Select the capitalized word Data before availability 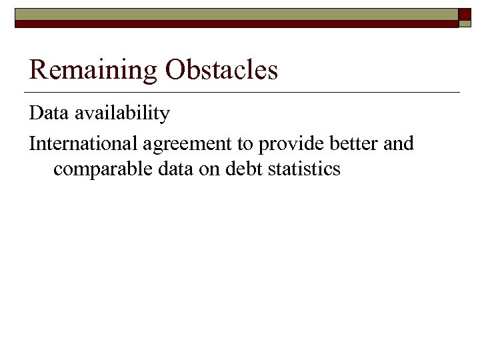pyautogui.click(x=49, y=114)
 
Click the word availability pyautogui.click(x=122, y=114)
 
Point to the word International pyautogui.click(x=82, y=143)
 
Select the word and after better pyautogui.click(x=399, y=143)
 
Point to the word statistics pyautogui.click(x=304, y=169)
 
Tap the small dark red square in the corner pyautogui.click(x=465, y=13)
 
